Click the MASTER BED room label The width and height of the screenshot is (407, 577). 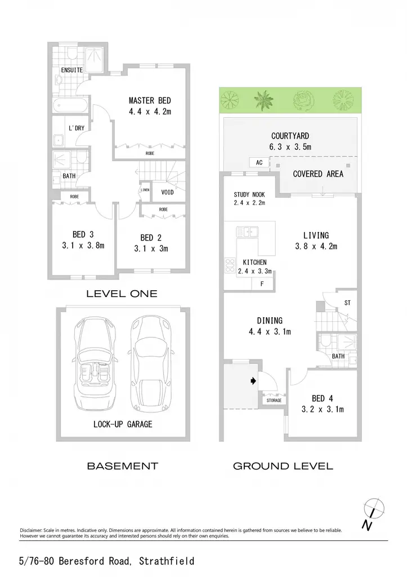click(150, 100)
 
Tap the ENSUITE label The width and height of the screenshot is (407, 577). click(71, 70)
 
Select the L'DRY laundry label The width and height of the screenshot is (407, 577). click(77, 128)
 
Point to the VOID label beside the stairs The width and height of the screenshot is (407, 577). click(167, 192)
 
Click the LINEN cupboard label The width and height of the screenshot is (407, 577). click(145, 190)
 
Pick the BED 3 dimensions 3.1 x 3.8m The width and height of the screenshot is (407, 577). click(83, 246)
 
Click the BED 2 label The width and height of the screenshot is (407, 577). click(151, 238)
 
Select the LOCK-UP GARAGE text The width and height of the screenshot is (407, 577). click(123, 424)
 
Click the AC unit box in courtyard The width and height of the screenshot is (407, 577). click(259, 162)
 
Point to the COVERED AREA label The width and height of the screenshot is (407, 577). click(318, 174)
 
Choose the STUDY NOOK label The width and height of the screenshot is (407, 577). click(249, 194)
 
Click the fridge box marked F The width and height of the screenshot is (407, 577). click(262, 284)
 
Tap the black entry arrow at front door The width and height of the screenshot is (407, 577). click(253, 381)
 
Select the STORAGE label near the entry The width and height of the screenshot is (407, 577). click(274, 401)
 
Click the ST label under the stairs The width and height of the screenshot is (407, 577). click(347, 303)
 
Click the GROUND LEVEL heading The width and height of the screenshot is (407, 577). click(283, 466)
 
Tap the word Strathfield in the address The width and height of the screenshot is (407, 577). click(167, 561)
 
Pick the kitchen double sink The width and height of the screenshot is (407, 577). click(248, 232)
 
